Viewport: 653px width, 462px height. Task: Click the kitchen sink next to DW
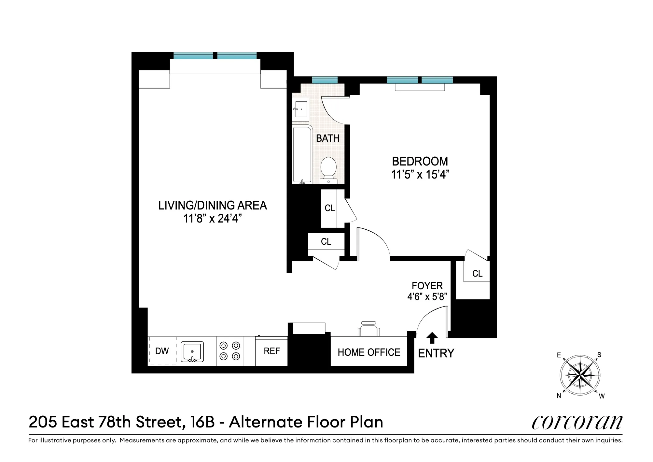tap(192, 351)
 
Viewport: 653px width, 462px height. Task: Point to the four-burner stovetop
tap(230, 351)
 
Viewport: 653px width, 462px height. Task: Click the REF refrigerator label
tap(271, 351)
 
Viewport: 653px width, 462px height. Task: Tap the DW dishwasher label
tap(162, 351)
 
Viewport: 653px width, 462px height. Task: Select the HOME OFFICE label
tap(369, 352)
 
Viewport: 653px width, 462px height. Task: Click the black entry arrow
tap(432, 338)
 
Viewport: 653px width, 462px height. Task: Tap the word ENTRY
tap(436, 353)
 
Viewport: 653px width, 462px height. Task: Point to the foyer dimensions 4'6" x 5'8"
tap(427, 297)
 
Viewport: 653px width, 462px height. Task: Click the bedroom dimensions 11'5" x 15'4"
tap(420, 175)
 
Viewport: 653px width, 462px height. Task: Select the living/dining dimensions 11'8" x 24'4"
tap(212, 218)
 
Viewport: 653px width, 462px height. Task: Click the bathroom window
tap(325, 80)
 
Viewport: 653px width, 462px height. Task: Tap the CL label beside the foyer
tap(477, 273)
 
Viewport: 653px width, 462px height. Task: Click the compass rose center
tap(580, 375)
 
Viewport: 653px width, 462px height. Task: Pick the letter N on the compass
tap(559, 396)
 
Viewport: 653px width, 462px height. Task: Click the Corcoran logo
tap(577, 422)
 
